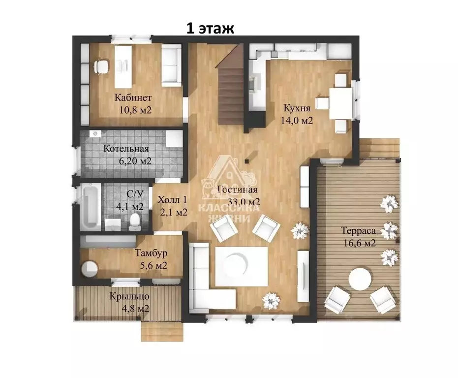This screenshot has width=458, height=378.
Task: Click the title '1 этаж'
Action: pyautogui.click(x=210, y=29)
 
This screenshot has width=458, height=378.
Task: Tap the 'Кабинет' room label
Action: pyautogui.click(x=133, y=97)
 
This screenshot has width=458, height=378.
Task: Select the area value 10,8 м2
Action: pyautogui.click(x=135, y=110)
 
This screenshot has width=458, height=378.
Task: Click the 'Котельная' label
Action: pyautogui.click(x=126, y=149)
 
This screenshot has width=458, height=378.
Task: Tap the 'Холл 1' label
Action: pyautogui.click(x=172, y=200)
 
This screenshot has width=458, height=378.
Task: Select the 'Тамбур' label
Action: pyautogui.click(x=151, y=253)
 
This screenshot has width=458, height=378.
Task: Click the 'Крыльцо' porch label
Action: pyautogui.click(x=129, y=296)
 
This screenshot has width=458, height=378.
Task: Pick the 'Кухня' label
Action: pyautogui.click(x=297, y=108)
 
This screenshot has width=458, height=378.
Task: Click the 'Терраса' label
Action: pyautogui.click(x=359, y=231)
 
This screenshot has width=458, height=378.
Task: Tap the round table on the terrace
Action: pyautogui.click(x=360, y=279)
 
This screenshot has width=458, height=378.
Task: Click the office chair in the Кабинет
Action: pyautogui.click(x=101, y=66)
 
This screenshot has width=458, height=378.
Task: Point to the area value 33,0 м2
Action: pyautogui.click(x=244, y=202)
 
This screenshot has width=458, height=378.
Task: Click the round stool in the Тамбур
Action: pyautogui.click(x=90, y=268)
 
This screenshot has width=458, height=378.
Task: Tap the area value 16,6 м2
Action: pyautogui.click(x=360, y=243)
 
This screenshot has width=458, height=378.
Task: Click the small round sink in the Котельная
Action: pyautogui.click(x=95, y=134)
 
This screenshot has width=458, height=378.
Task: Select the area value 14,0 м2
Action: pyautogui.click(x=297, y=121)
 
